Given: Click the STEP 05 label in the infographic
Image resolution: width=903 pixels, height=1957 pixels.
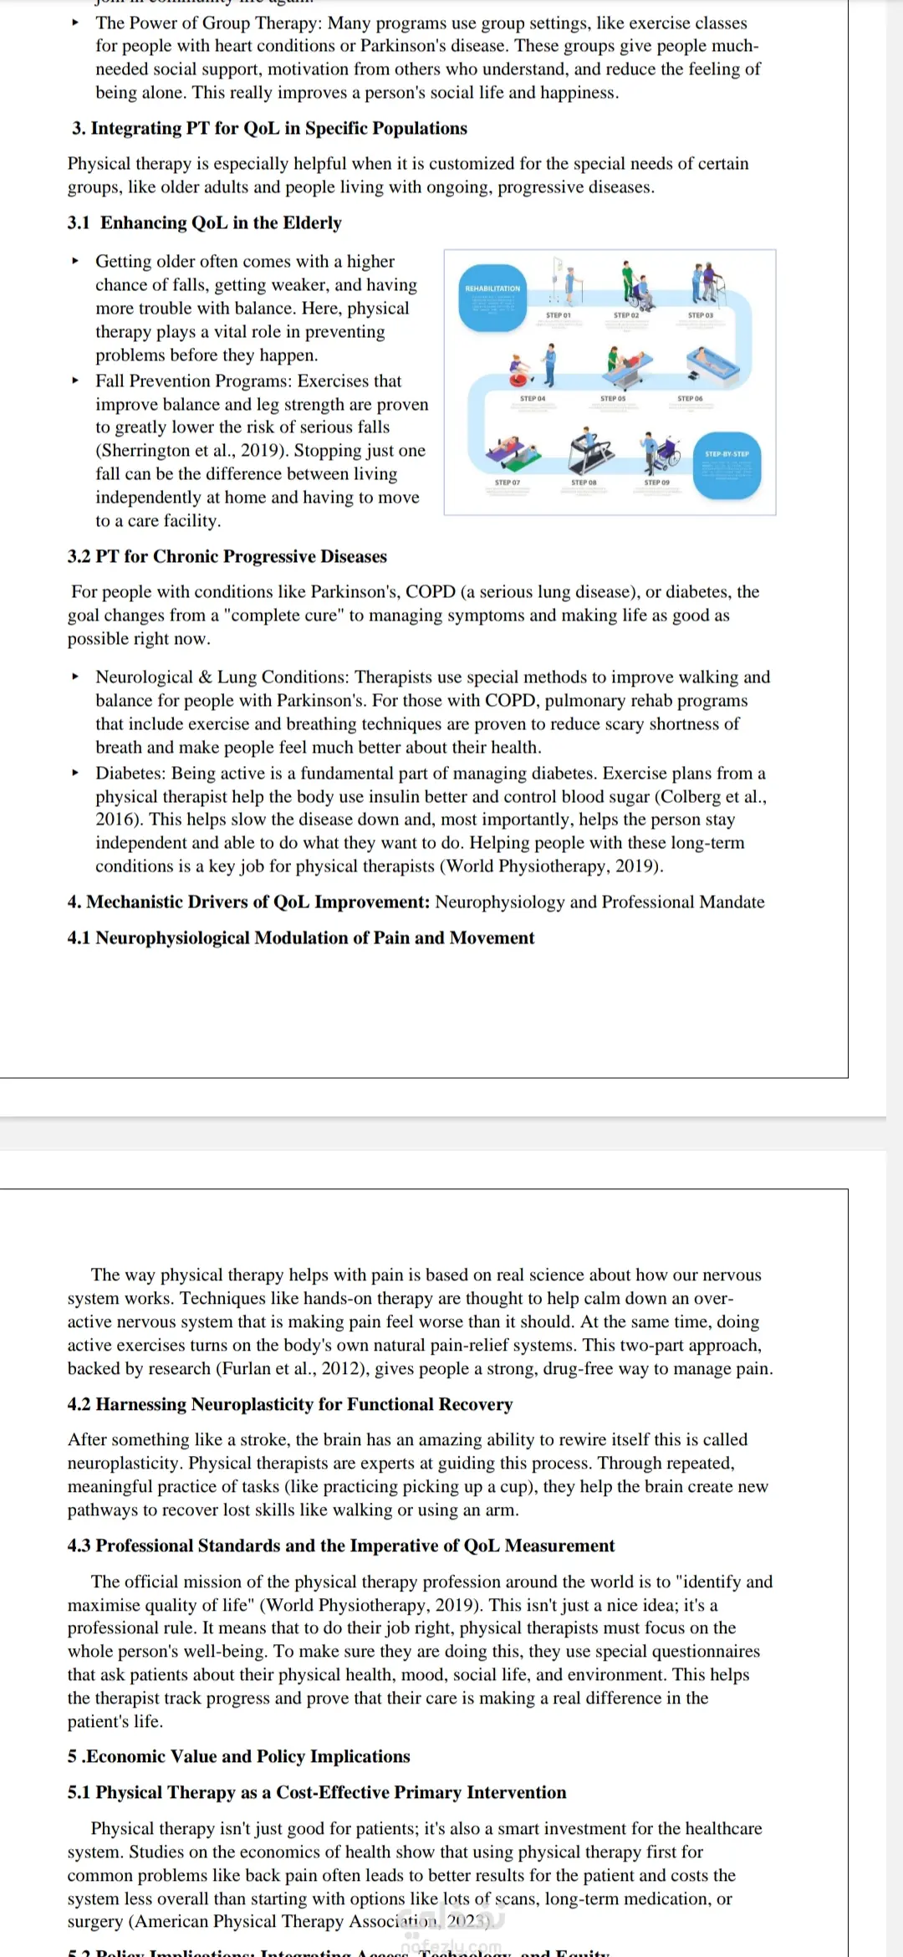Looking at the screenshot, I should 613,399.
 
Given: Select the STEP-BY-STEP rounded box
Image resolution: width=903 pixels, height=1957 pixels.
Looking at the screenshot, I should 727,465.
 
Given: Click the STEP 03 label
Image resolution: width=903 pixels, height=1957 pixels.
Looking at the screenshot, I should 701,315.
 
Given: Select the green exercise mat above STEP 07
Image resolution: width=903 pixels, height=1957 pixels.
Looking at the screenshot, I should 517,459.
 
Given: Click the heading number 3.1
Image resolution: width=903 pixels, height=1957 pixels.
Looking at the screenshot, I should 79,222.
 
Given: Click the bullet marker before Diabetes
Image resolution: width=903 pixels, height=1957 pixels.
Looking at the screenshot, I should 76,773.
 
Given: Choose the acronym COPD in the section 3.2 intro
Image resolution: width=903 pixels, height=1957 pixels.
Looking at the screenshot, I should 431,592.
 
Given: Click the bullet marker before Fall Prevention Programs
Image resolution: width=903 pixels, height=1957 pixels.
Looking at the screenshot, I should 76,381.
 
